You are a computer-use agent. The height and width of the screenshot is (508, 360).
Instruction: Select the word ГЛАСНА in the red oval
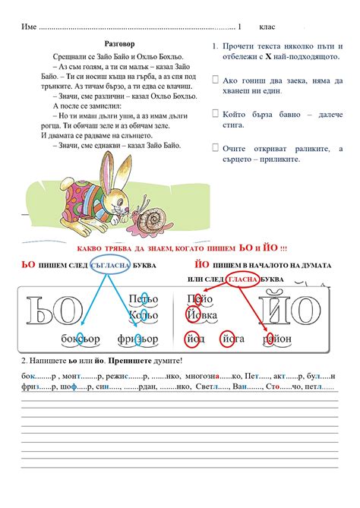pos(245,279)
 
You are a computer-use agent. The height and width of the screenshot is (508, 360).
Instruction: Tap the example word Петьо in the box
pos(144,298)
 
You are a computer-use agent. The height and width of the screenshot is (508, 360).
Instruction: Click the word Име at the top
pos(29,27)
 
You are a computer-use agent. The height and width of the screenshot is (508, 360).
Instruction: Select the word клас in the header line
pos(268,27)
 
